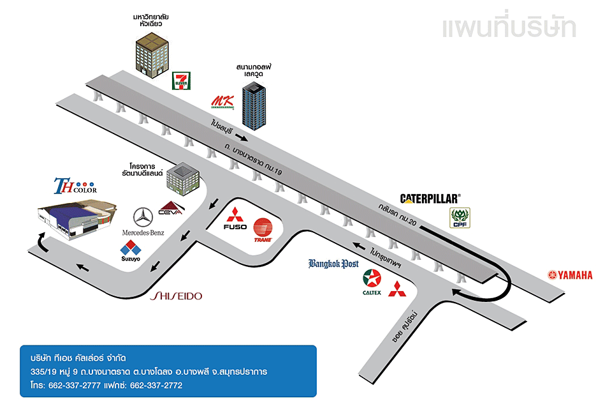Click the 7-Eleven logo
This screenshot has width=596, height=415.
click(181, 81)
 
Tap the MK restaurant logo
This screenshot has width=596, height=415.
click(222, 102)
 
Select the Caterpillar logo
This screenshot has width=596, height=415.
click(430, 199)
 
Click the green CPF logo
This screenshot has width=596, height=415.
click(459, 217)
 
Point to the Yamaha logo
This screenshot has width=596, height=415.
click(571, 275)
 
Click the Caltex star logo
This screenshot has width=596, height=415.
click(372, 280)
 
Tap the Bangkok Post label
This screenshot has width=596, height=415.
click(333, 264)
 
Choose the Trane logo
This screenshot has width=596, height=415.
click(263, 230)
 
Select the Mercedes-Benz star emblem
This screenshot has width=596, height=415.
click(143, 217)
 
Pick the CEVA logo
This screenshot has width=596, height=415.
click(171, 209)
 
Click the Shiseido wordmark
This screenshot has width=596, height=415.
click(176, 296)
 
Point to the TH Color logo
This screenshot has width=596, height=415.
click(75, 186)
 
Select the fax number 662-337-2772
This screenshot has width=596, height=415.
click(156, 386)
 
